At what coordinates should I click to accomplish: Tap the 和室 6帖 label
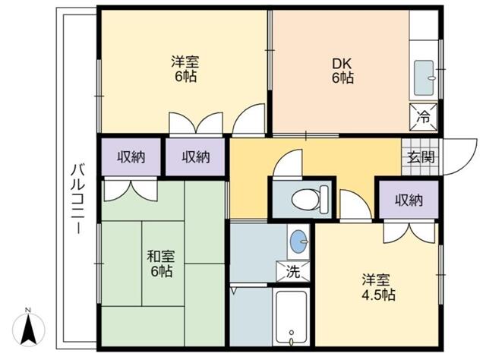159,263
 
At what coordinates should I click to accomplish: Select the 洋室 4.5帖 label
377,286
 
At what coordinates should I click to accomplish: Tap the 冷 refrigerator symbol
424,117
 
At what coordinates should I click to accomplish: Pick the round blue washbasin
298,242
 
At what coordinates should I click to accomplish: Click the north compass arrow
28,329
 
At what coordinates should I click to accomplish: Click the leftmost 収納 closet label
131,157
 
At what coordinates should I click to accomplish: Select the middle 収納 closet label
195,157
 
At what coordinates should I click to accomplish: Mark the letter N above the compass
28,310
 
